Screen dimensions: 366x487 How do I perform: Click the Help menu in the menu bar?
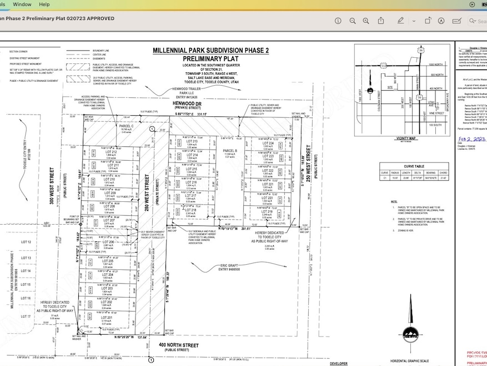44,4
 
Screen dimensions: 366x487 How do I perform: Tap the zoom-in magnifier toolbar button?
357,21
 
